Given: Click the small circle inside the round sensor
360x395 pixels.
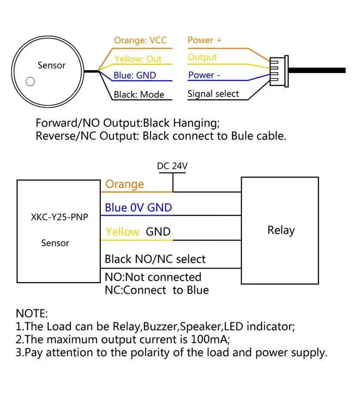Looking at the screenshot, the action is point(30,81).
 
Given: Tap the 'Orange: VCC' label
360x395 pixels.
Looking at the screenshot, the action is point(140,40).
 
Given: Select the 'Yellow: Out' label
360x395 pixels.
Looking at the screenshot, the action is point(138,59).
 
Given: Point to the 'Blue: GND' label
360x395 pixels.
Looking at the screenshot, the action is point(135,75).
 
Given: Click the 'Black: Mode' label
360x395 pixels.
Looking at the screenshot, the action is point(139,95).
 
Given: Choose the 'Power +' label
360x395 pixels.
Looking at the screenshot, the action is point(204,40).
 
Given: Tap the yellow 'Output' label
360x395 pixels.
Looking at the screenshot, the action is point(203,57).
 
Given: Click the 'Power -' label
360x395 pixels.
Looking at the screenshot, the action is point(204,75).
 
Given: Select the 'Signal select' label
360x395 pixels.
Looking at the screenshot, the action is point(213,94).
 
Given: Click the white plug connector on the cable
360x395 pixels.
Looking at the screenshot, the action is point(279,71).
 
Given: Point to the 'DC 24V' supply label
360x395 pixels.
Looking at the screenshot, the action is point(172,166).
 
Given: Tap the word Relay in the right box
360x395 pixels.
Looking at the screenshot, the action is point(281,230).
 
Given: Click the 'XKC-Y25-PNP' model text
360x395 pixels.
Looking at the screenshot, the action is point(60,217).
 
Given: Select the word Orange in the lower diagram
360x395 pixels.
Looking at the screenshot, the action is point(124,184).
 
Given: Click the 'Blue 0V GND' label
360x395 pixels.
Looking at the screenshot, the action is point(138,208).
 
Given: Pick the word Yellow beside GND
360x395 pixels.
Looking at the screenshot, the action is point(122,232).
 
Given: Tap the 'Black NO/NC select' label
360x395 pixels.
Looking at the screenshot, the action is point(155,259).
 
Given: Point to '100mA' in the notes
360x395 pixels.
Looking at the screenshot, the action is point(210,339).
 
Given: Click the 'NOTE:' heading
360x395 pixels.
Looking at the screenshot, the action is point(32,314).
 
